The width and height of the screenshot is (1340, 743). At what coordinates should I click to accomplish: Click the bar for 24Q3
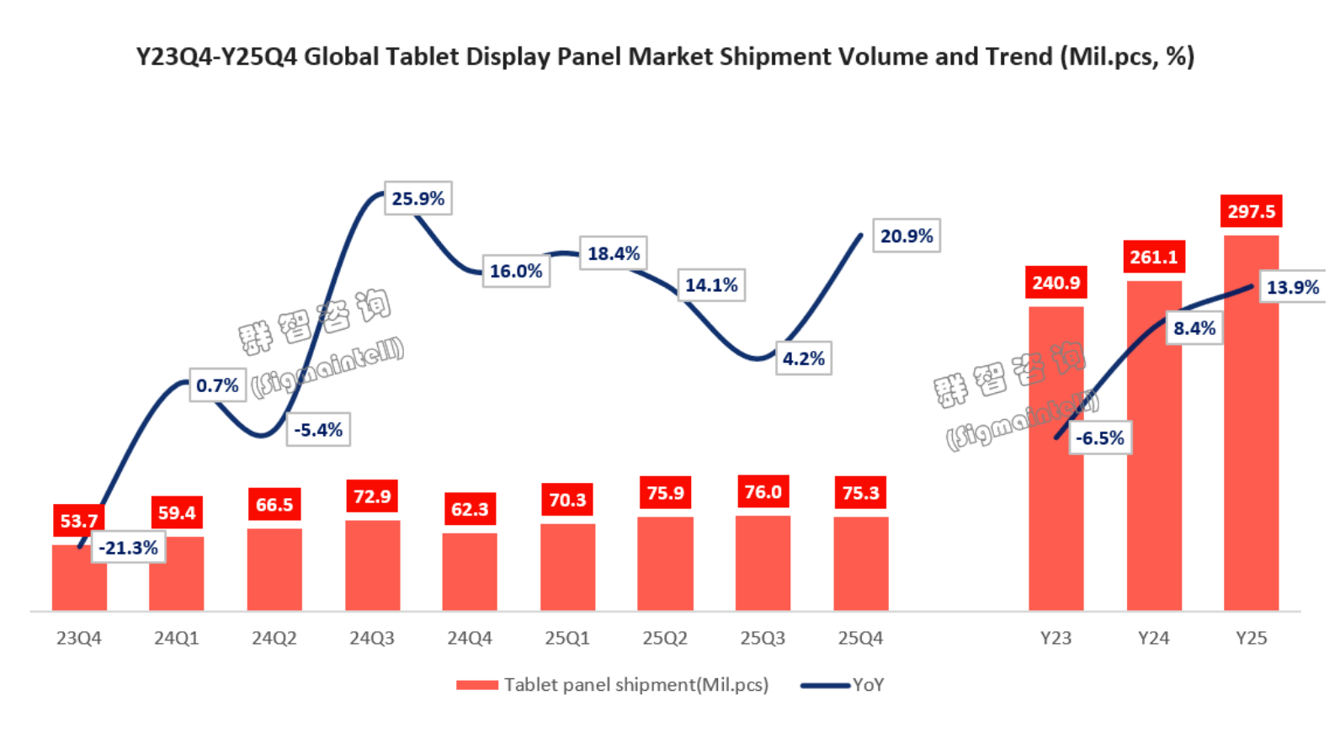click(373, 565)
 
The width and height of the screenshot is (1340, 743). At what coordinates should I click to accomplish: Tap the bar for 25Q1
click(567, 567)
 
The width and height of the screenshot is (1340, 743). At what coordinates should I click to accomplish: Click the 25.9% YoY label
click(418, 199)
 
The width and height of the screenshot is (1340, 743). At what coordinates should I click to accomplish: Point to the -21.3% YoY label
click(129, 548)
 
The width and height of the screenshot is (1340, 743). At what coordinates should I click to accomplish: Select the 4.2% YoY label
click(803, 358)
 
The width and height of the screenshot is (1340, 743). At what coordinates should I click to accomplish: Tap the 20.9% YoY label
click(907, 236)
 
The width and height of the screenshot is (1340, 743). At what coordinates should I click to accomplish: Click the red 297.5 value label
click(1251, 211)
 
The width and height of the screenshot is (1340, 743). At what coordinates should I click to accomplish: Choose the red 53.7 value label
click(78, 521)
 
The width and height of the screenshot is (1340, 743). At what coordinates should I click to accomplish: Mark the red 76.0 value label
click(763, 492)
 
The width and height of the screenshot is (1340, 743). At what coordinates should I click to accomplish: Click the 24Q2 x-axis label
click(274, 639)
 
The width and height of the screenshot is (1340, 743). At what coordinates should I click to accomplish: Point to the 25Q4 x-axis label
click(860, 639)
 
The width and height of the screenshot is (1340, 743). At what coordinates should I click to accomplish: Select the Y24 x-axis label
click(1153, 639)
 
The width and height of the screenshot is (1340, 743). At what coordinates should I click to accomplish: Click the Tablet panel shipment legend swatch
click(476, 685)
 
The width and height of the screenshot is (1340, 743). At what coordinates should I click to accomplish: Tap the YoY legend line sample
click(825, 685)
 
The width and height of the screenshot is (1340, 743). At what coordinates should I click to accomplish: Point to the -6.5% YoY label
click(1100, 438)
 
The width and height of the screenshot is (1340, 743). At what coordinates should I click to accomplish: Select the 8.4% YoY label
click(1194, 328)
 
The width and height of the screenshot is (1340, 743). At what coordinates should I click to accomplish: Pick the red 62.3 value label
click(470, 509)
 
